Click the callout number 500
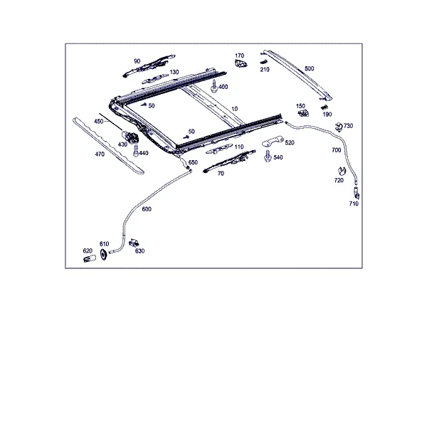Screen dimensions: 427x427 point(309,68)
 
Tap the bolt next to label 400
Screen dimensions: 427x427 point(214,86)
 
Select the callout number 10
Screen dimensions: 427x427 point(234,109)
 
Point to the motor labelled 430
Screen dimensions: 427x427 point(130,136)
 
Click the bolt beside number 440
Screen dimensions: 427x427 point(136,151)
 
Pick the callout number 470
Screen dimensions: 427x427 point(100,154)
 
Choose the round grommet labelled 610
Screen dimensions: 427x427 point(103,254)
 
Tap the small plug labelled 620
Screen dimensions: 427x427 point(90,258)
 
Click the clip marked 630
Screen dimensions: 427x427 point(134,243)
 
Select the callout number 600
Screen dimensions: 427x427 point(147,209)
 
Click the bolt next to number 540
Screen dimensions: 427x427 point(268,156)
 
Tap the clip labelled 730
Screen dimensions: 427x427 point(339,127)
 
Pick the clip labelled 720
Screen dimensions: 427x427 point(341,172)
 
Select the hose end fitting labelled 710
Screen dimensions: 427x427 point(357,193)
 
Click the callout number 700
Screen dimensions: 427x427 point(337,150)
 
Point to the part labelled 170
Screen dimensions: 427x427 point(241,64)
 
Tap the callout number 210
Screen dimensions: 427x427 point(265,70)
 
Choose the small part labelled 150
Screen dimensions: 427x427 point(303,112)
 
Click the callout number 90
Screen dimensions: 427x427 point(137,61)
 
